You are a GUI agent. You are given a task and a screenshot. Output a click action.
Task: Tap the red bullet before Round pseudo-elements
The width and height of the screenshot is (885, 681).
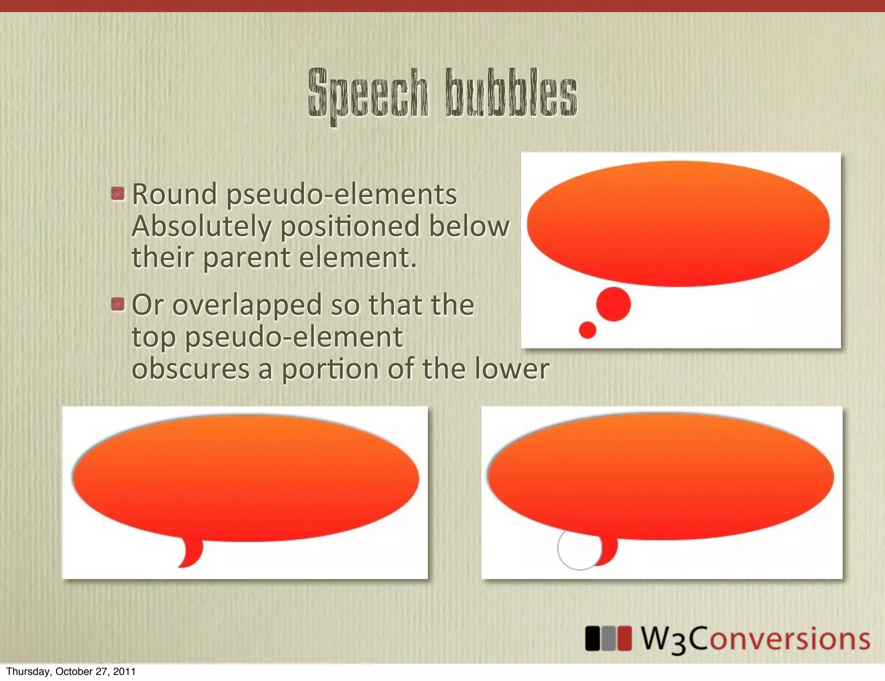118,194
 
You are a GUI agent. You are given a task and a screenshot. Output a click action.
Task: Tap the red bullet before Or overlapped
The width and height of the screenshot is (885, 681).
118,304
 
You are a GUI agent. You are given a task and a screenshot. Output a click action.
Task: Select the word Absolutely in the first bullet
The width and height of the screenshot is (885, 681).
202,226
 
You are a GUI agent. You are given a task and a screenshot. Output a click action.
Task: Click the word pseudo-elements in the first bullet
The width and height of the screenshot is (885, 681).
341,194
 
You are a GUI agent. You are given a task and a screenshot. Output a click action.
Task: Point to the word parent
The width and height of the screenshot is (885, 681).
246,258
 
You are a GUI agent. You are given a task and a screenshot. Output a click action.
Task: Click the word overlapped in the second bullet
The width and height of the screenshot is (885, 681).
247,305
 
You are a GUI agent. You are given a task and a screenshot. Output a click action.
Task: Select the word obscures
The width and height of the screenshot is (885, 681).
191,369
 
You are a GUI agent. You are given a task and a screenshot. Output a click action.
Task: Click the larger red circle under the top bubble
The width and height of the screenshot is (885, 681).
613,304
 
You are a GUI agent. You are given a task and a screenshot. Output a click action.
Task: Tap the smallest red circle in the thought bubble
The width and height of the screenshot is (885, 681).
587,330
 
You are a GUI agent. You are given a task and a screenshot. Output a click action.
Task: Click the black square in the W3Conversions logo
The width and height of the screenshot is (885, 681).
592,638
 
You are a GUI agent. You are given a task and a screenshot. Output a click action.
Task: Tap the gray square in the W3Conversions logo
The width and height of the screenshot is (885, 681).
608,638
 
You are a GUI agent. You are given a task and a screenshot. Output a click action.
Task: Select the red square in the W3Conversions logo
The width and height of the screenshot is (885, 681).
624,638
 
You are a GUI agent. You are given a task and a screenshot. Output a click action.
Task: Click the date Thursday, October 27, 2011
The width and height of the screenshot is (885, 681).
71,671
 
